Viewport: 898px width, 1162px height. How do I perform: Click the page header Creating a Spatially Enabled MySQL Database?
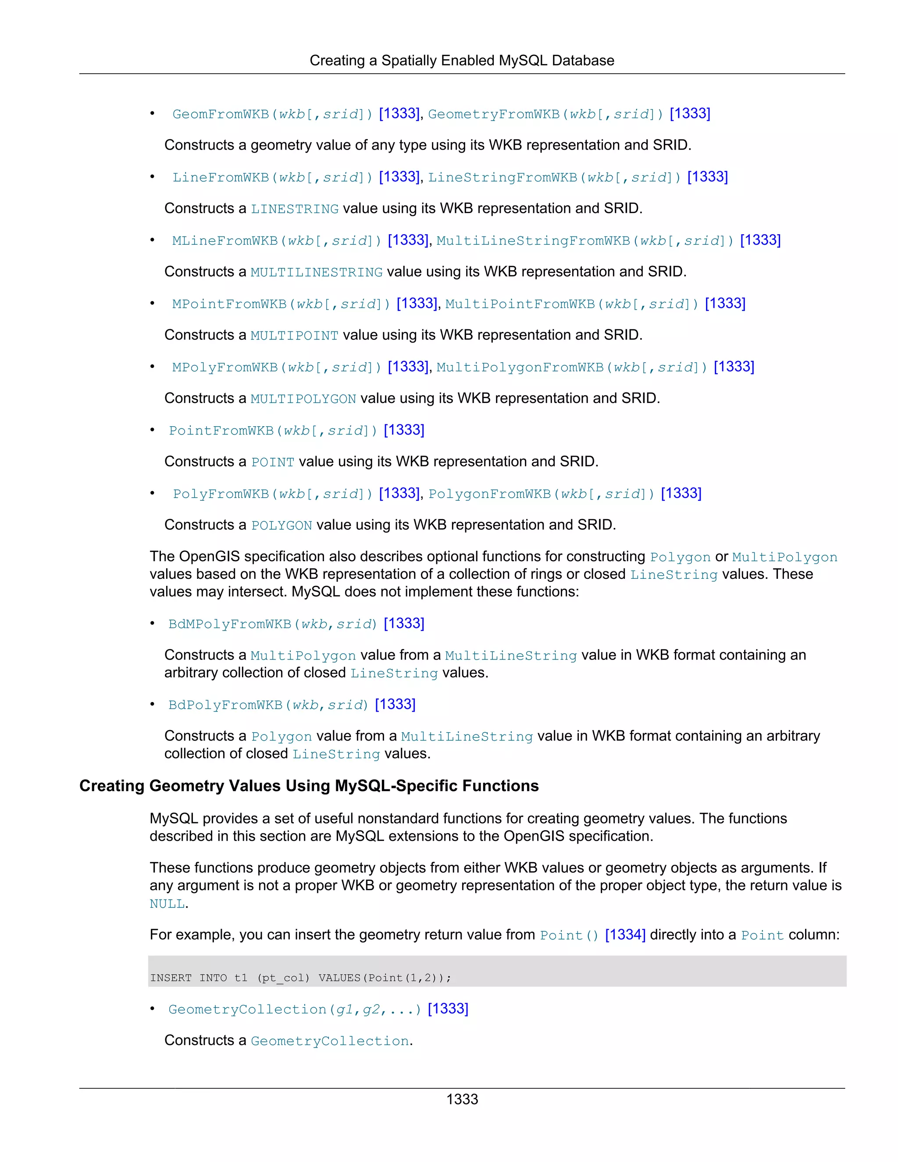(461, 61)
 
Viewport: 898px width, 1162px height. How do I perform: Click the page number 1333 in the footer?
(462, 1099)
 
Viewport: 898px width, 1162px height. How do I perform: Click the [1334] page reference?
(625, 935)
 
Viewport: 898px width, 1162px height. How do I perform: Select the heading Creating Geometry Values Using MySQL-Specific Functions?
(309, 786)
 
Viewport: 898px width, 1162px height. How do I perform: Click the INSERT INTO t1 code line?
(300, 978)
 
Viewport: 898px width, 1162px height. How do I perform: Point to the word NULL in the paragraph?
(167, 904)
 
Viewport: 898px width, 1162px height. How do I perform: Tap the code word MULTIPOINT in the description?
(294, 336)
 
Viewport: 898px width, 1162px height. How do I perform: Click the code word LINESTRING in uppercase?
(294, 210)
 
